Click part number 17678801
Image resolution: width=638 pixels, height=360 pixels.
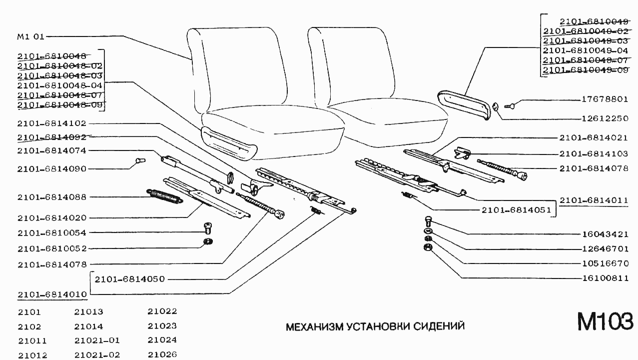pyautogui.click(x=605, y=99)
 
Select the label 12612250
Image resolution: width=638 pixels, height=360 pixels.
pyautogui.click(x=605, y=118)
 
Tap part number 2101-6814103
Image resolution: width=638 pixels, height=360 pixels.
pyautogui.click(x=594, y=154)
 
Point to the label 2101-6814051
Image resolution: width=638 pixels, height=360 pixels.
pyautogui.click(x=516, y=210)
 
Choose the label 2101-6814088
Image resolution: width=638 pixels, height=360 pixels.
pyautogui.click(x=52, y=197)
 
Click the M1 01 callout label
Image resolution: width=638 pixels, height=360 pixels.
pyautogui.click(x=31, y=36)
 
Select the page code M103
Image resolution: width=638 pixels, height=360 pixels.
pyautogui.click(x=605, y=321)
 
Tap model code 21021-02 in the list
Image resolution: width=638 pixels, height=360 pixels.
pyautogui.click(x=97, y=355)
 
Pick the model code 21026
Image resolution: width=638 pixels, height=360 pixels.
pyautogui.click(x=162, y=355)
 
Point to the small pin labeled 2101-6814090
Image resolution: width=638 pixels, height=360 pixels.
pyautogui.click(x=139, y=161)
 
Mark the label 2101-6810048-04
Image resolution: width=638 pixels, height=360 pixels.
pyautogui.click(x=59, y=85)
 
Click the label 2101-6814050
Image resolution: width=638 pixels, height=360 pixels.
pyautogui.click(x=129, y=279)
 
